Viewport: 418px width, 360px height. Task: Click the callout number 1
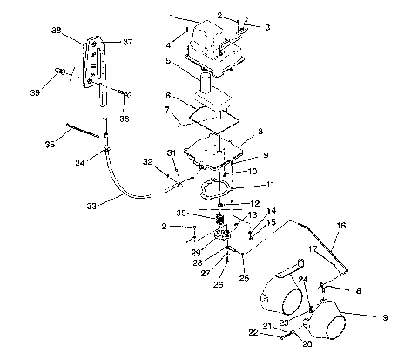pyautogui.click(x=172, y=16)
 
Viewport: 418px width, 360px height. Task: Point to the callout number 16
pyautogui.click(x=340, y=225)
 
